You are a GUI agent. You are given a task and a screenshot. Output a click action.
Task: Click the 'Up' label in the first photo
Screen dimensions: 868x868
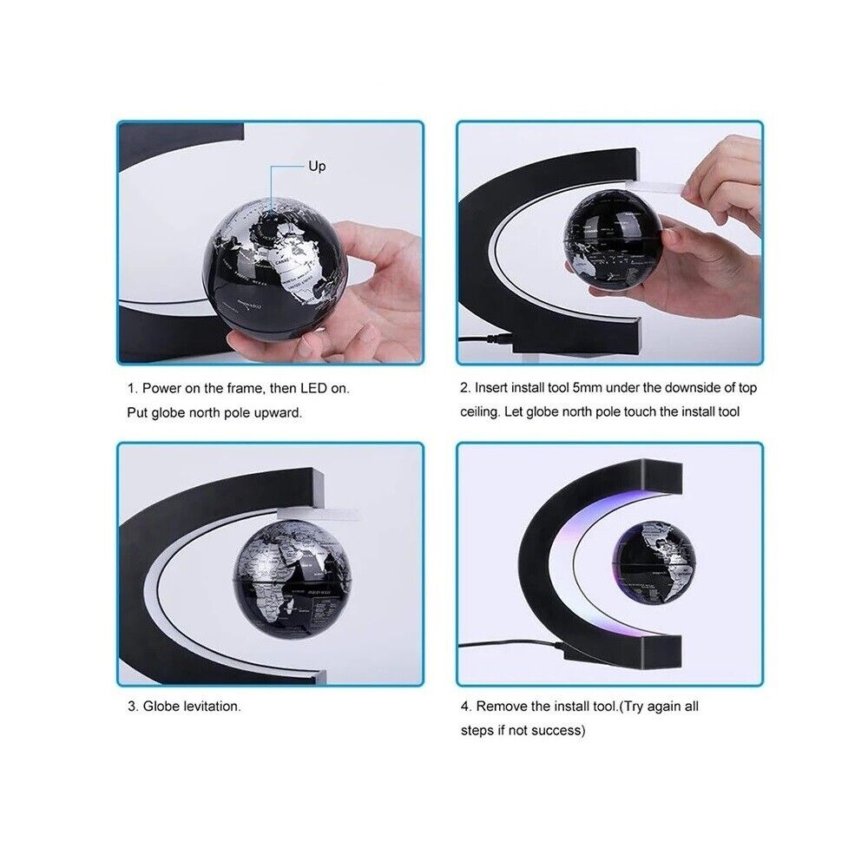(317, 166)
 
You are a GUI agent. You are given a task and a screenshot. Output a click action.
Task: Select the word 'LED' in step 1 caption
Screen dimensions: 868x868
(313, 388)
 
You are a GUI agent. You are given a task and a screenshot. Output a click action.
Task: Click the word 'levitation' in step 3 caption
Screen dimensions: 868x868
(212, 707)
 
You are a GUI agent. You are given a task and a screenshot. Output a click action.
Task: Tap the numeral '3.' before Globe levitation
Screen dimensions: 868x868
(133, 707)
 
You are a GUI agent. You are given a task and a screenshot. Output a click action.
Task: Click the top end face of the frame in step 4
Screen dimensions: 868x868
(662, 477)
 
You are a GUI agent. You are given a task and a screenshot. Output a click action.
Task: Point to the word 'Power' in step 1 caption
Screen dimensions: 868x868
(161, 388)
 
